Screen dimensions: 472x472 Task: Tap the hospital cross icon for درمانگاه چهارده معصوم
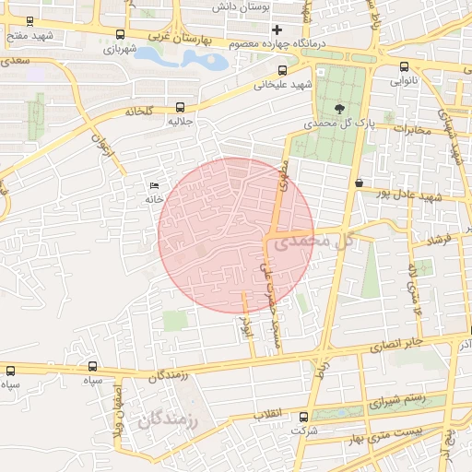276,29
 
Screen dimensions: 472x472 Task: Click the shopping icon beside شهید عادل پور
358,183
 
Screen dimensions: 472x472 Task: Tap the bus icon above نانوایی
405,66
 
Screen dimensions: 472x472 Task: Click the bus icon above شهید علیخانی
282,70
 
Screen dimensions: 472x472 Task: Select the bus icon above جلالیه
179,106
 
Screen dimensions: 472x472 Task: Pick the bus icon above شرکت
303,417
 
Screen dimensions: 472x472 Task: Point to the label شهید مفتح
27,35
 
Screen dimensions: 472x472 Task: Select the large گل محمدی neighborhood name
313,241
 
